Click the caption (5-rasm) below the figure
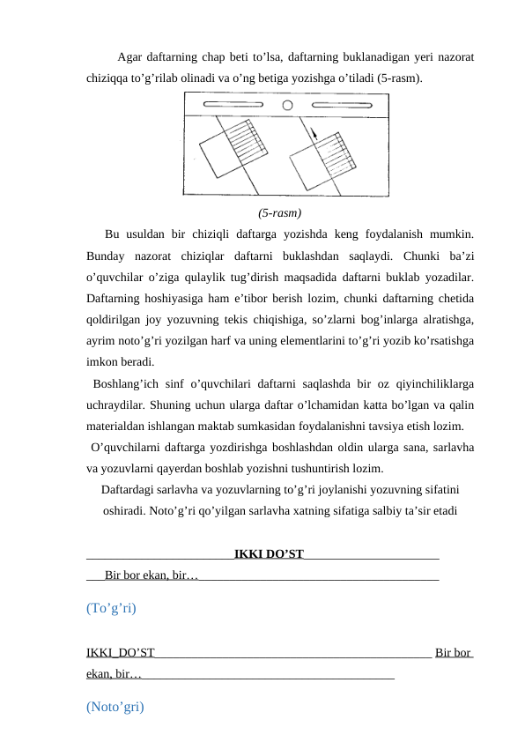click(280, 213)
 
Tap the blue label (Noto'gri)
click(115, 707)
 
